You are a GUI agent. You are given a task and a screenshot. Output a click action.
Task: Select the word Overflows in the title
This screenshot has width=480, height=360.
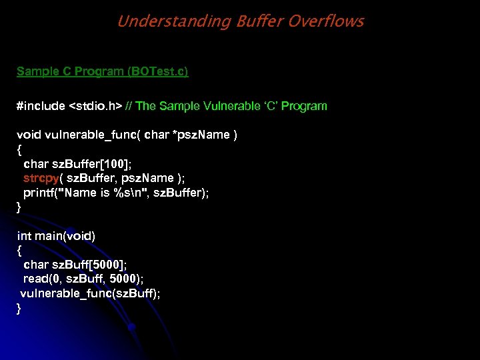[325, 21]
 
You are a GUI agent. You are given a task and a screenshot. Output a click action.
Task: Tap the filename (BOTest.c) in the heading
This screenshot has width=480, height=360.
[155, 71]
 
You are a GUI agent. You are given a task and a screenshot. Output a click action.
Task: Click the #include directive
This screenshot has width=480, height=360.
[41, 106]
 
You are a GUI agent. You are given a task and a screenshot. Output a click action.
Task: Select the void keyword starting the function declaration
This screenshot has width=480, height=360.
[29, 135]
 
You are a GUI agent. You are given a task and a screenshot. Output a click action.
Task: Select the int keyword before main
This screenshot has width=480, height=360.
[24, 236]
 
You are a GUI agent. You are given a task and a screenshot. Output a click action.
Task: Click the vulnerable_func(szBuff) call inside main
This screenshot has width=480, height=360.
[90, 293]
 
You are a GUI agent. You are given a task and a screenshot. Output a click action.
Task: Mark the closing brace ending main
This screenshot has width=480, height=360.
[19, 308]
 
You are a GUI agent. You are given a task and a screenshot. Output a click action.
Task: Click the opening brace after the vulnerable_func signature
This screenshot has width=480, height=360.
[19, 149]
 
